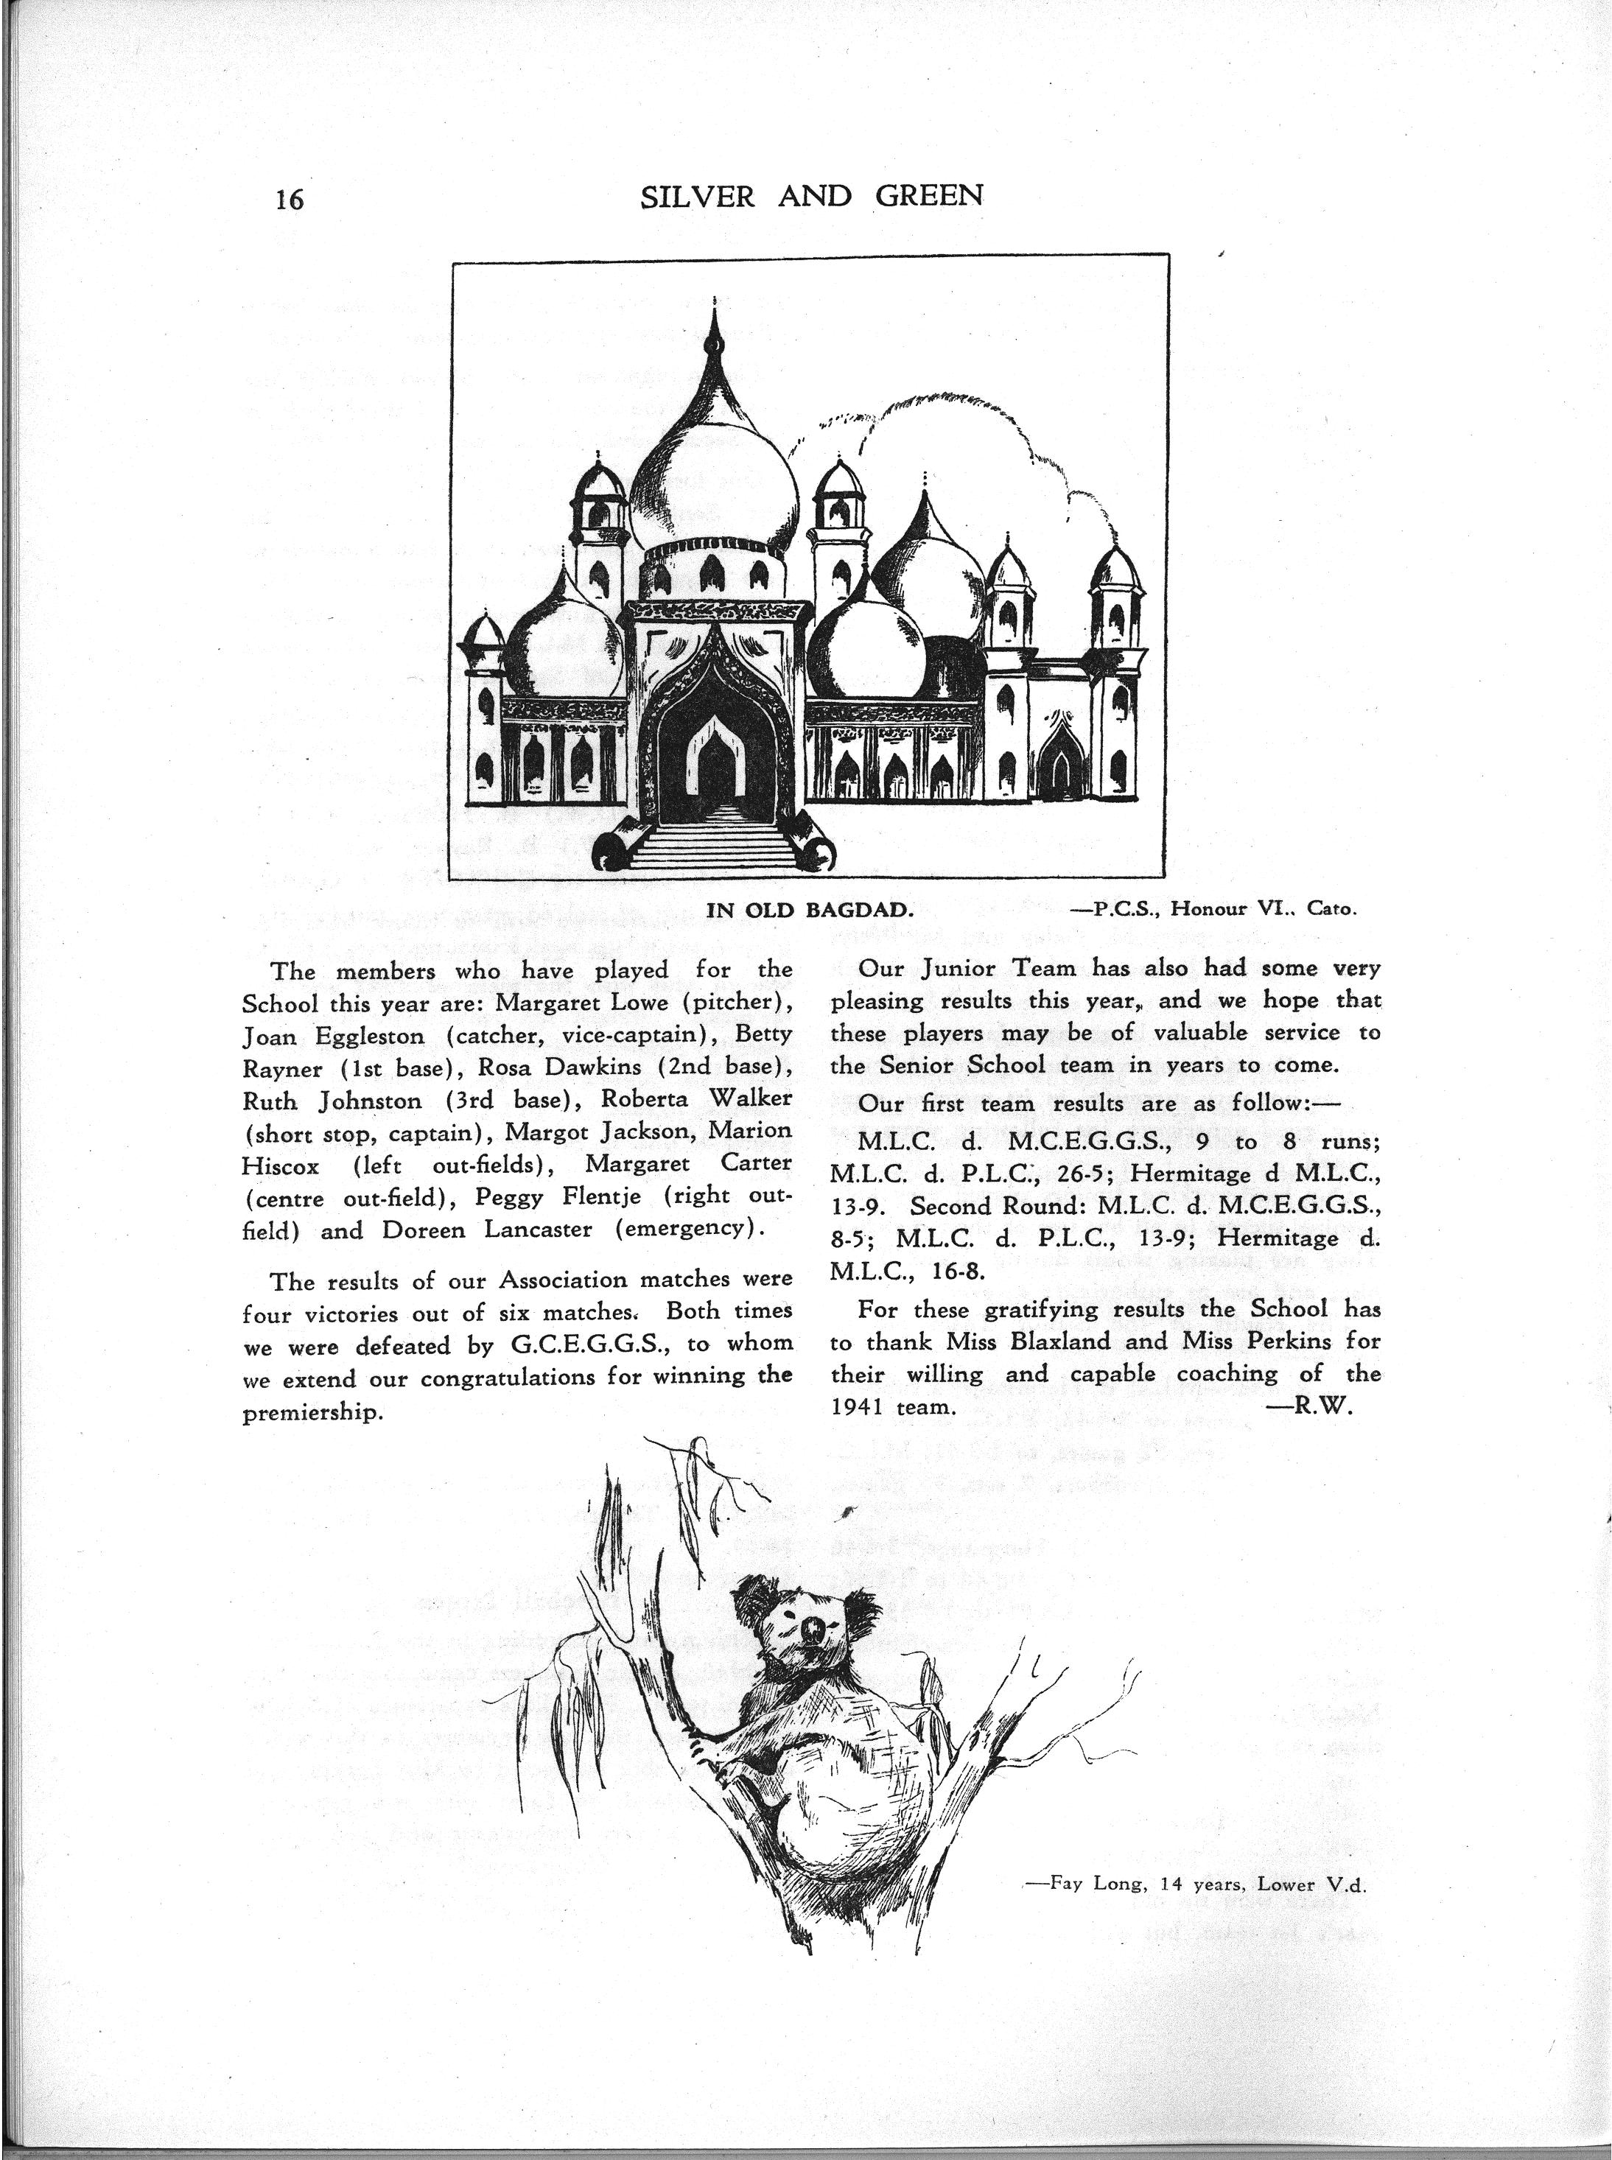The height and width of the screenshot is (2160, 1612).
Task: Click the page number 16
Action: tap(290, 199)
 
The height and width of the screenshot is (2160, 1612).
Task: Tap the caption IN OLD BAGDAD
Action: tap(809, 911)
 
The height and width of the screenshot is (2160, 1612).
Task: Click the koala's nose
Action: tap(812, 1628)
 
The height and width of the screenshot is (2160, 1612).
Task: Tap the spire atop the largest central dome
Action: tap(715, 337)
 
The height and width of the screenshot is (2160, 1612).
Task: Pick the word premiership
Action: tap(310, 1414)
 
